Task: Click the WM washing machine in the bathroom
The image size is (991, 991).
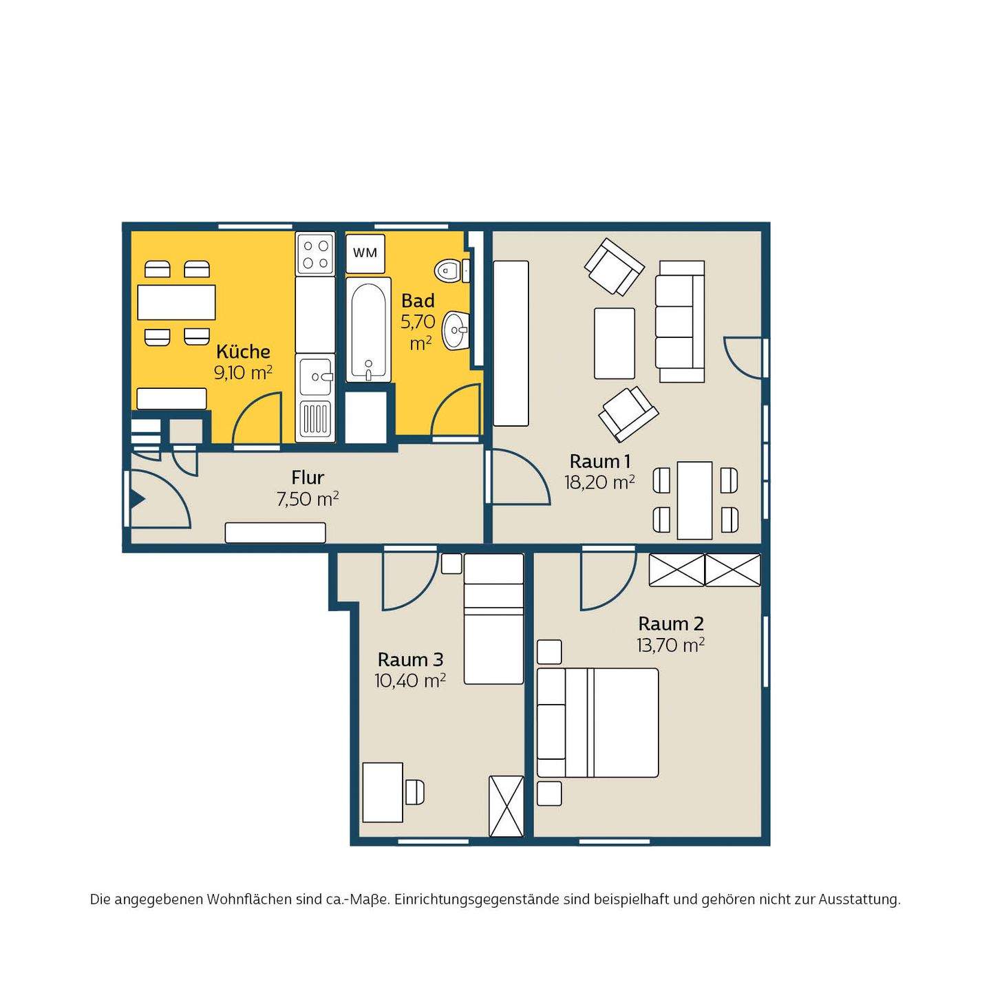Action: pos(365,253)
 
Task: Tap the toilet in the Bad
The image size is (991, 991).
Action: pos(449,270)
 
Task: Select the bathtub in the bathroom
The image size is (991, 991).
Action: pos(368,330)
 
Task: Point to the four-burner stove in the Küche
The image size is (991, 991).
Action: pos(315,253)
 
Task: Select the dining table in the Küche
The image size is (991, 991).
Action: pos(176,302)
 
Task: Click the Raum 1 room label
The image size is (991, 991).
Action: pos(599,461)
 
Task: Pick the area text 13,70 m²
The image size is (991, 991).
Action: pos(670,645)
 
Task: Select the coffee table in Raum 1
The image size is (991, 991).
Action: pos(614,343)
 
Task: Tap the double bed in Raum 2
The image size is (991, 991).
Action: pos(597,722)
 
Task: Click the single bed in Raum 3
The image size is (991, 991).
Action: pos(493,619)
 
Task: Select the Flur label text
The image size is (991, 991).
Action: pos(308,478)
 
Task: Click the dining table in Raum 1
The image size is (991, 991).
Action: pos(695,500)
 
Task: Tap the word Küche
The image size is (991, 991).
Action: pos(243,352)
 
